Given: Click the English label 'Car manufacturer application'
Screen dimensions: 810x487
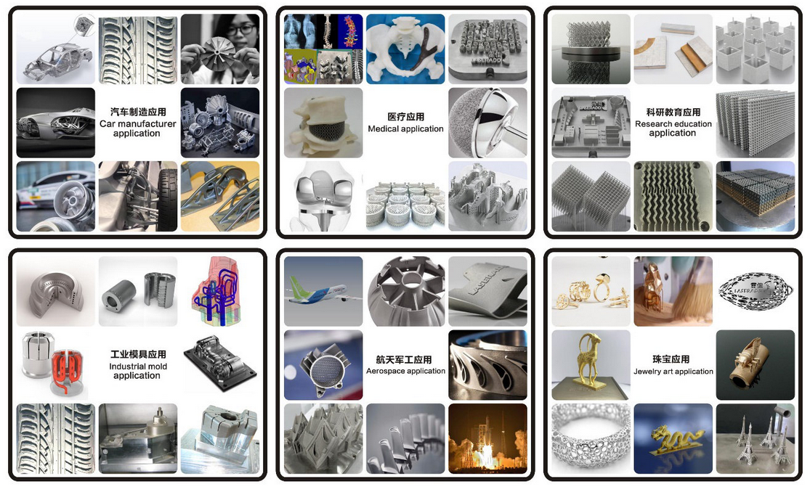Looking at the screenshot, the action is click(x=137, y=128).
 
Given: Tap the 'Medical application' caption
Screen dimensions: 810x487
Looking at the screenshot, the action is click(x=405, y=128).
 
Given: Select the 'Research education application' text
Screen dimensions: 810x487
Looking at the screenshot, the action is click(x=673, y=128).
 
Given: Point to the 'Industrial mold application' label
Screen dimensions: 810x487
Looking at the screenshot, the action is click(x=138, y=371).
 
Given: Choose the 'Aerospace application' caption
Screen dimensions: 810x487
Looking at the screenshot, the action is click(x=405, y=371).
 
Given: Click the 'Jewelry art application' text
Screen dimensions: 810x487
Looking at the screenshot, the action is click(x=673, y=372).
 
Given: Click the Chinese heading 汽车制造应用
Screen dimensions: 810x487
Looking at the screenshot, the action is click(x=138, y=112).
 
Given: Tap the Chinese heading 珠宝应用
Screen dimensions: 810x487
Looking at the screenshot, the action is click(x=671, y=359).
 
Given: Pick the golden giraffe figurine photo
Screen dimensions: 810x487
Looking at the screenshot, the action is click(x=591, y=365).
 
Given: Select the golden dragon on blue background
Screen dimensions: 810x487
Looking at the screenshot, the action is click(x=673, y=438).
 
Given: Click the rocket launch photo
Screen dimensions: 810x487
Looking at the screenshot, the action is click(x=487, y=438).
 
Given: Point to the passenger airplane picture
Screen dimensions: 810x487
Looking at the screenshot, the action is click(x=323, y=292).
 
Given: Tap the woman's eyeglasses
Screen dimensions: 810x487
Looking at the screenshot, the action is click(x=240, y=30).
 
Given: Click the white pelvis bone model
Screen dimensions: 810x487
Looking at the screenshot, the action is click(x=405, y=49).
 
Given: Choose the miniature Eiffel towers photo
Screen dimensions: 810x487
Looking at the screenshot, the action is click(x=756, y=438).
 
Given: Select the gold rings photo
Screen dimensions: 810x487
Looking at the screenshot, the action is click(x=591, y=292).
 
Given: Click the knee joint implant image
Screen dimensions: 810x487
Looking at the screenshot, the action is click(x=323, y=197).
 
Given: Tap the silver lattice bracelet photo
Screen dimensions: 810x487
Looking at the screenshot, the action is click(x=591, y=438).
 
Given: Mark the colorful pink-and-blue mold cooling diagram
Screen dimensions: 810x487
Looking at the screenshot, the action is click(x=220, y=292).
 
